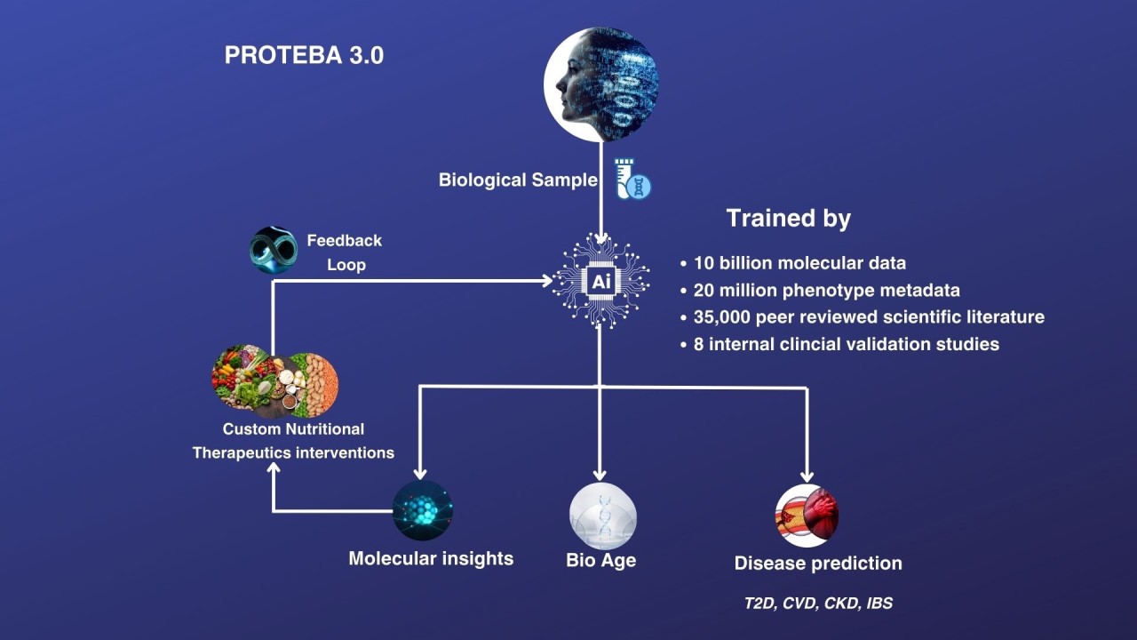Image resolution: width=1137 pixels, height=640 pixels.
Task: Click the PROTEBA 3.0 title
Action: click(x=304, y=55)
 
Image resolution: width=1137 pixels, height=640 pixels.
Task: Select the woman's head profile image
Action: click(x=601, y=84)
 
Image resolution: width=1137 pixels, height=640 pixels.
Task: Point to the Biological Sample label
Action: click(x=518, y=180)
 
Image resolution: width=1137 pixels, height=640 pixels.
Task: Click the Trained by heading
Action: click(x=788, y=219)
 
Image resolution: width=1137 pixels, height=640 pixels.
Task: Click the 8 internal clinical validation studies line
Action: click(x=846, y=344)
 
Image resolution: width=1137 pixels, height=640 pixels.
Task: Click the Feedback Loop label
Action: click(x=345, y=252)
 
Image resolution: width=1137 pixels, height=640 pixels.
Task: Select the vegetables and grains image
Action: click(x=274, y=381)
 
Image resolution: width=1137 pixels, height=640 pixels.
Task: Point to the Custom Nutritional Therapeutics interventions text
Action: click(x=293, y=441)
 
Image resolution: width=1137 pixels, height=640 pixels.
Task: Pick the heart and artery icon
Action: click(x=807, y=516)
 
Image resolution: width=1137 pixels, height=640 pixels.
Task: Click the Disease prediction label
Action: click(x=818, y=564)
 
